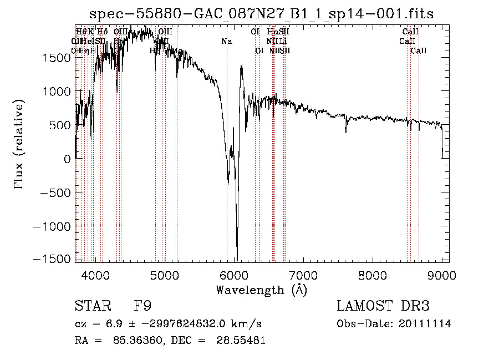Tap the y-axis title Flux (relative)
pos(19,145)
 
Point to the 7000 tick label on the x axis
pos(303,275)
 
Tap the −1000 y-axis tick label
pos(55,226)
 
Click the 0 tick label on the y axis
pos(67,159)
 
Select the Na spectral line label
pos(226,42)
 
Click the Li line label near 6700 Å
pos(283,41)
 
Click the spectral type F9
pos(142,306)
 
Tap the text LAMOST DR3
pos(383,306)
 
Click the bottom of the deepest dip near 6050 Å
pos(237,260)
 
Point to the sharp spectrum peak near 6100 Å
pos(242,65)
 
